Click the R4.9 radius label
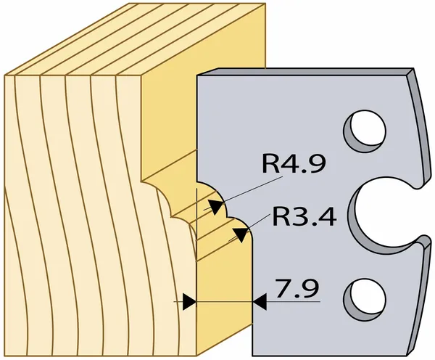294,163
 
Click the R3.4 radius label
304,216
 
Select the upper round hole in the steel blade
365,131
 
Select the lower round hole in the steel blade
365,300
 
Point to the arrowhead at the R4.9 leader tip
216,207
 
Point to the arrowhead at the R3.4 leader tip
240,234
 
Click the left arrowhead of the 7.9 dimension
189,301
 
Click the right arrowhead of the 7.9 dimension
260,301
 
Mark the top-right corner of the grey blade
414,68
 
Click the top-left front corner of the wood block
5,75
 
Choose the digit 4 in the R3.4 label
328,216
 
